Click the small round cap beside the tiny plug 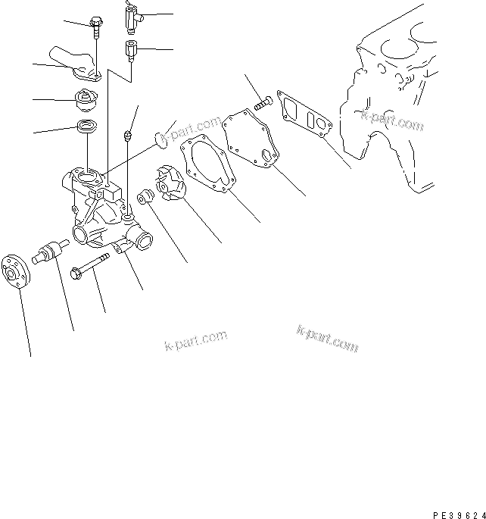pos(160,139)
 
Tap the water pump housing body pos(102,208)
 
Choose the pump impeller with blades pos(169,185)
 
